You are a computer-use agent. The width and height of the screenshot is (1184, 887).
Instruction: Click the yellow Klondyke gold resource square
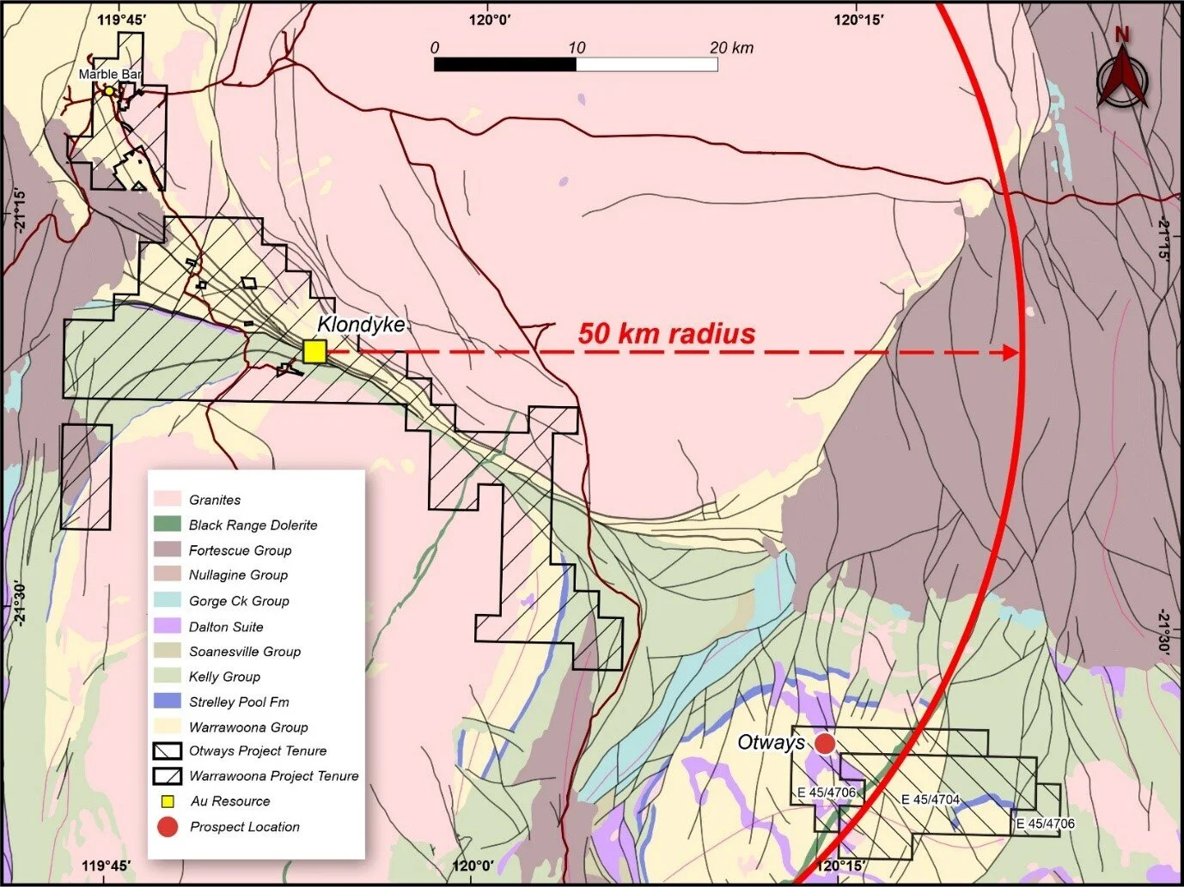click(x=314, y=351)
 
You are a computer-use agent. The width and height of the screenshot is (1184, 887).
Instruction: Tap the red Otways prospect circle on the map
click(x=825, y=744)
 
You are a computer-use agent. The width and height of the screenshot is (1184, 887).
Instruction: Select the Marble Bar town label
click(x=110, y=75)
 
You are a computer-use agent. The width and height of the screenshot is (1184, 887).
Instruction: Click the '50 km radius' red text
click(x=666, y=333)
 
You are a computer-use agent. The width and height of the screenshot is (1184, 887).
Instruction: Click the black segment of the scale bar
click(x=504, y=64)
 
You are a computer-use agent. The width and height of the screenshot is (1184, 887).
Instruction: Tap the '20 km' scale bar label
click(x=731, y=48)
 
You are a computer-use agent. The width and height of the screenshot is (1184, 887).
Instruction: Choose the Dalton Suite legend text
click(x=226, y=627)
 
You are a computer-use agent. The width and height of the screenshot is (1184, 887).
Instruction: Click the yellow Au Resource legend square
click(x=168, y=801)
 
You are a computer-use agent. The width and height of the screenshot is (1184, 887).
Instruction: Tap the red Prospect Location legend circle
click(x=168, y=827)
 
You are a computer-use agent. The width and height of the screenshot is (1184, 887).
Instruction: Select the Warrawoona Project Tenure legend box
click(x=168, y=775)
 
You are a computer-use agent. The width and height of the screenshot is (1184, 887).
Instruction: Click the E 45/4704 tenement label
click(x=930, y=800)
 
